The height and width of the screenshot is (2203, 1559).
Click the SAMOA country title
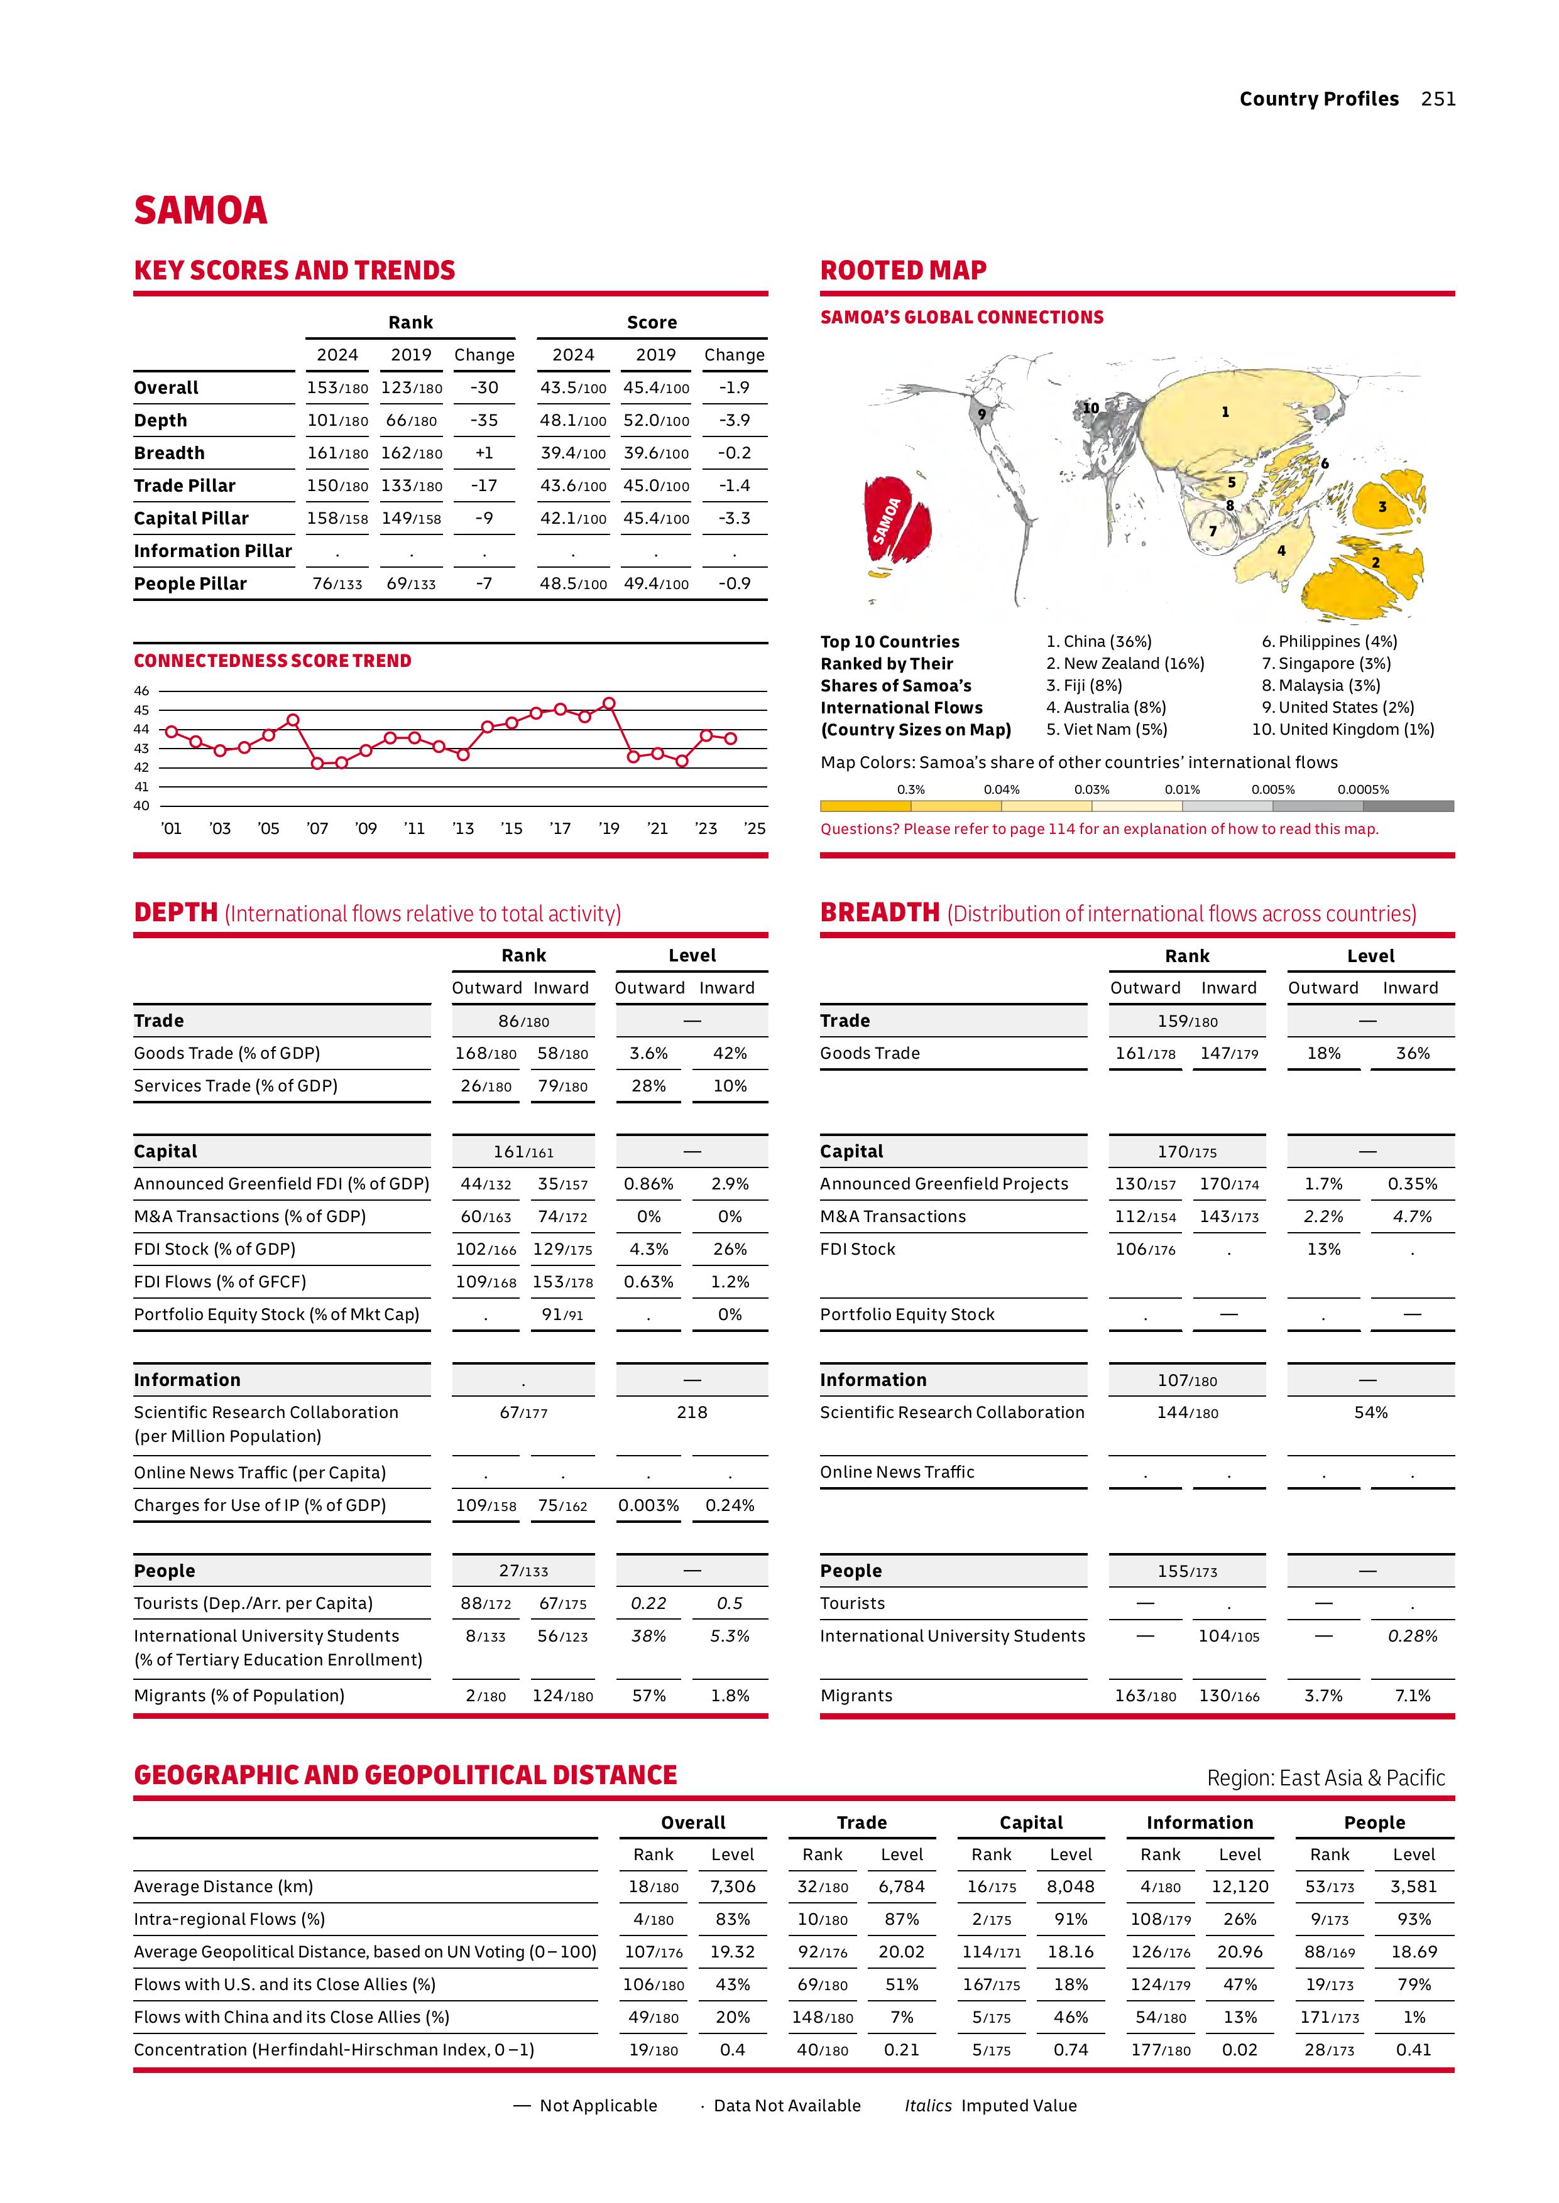pos(200,211)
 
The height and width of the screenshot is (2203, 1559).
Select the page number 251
pos(1438,99)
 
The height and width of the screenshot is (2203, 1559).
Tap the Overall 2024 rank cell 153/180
pos(337,387)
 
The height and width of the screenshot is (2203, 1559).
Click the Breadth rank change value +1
pos(484,453)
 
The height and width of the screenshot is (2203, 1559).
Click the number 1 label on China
pos(1225,411)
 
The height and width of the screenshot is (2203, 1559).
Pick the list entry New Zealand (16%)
pos(1124,663)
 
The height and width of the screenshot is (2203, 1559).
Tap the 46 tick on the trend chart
pos(142,691)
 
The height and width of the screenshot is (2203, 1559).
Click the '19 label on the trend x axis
pos(609,828)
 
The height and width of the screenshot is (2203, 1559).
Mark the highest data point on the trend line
pos(609,703)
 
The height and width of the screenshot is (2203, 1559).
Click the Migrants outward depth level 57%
pos(649,1696)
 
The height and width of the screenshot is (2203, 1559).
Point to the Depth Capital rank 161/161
pos(523,1151)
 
